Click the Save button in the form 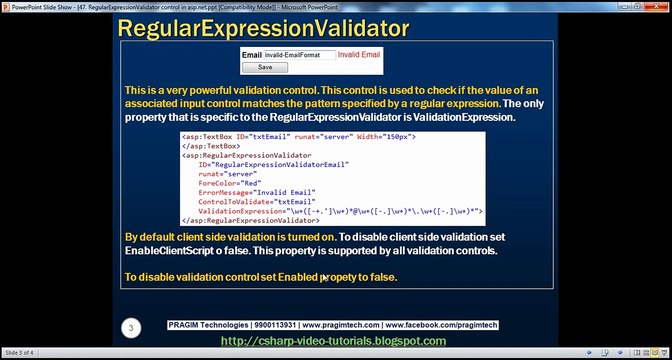tap(264, 68)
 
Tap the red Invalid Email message tap(360, 56)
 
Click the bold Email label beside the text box tap(252, 56)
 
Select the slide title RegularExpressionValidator tap(264, 27)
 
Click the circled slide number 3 tap(131, 328)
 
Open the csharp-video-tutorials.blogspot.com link tap(333, 341)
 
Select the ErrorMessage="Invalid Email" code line tap(257, 191)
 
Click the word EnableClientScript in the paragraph tap(178, 250)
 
